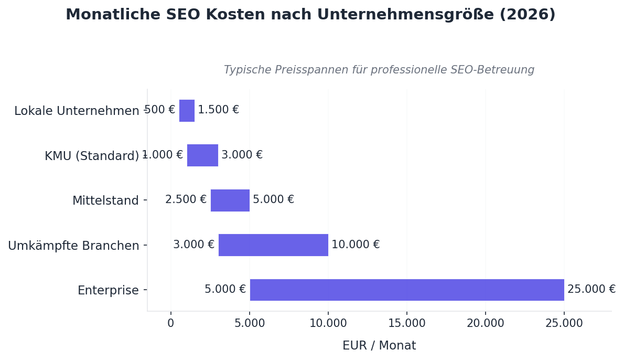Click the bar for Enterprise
pyautogui.click(x=406, y=290)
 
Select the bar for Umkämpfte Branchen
pyautogui.click(x=273, y=245)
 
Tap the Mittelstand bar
pyautogui.click(x=230, y=200)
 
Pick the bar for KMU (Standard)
pyautogui.click(x=202, y=155)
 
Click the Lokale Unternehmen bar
pyautogui.click(x=187, y=111)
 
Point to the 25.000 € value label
pyautogui.click(x=591, y=290)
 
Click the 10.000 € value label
pyautogui.click(x=355, y=245)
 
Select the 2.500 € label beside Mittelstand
pyautogui.click(x=186, y=200)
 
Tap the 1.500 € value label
pyautogui.click(x=218, y=110)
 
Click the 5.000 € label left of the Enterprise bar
pyautogui.click(x=225, y=290)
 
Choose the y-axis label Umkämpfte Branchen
pyautogui.click(x=73, y=246)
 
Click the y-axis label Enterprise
pyautogui.click(x=108, y=291)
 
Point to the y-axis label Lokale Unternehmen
pyautogui.click(x=77, y=111)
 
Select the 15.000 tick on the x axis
pyautogui.click(x=406, y=324)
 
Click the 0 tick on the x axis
pyautogui.click(x=170, y=324)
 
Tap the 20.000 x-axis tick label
pyautogui.click(x=485, y=324)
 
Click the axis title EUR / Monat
pyautogui.click(x=379, y=346)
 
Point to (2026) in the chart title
pyautogui.click(x=527, y=15)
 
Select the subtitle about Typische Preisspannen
pyautogui.click(x=379, y=70)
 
